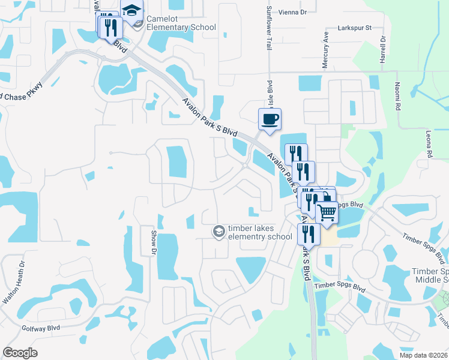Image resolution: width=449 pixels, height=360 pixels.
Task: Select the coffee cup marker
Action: pos(270,118)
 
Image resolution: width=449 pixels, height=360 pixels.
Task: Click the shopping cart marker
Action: pos(327,212)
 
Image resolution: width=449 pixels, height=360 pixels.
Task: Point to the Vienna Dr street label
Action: pos(295,12)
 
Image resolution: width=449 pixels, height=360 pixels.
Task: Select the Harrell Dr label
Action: pos(382,50)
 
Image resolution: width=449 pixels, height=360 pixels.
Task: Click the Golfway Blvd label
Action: pos(41,328)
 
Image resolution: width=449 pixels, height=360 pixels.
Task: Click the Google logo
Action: pos(20,353)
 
